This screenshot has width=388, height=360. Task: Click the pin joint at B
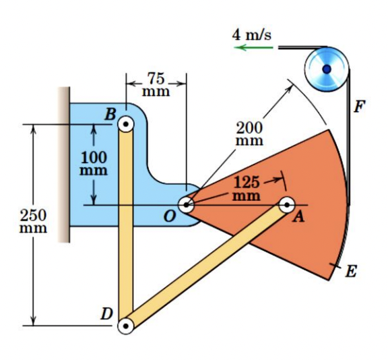(x=126, y=124)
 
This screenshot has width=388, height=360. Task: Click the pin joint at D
(x=126, y=326)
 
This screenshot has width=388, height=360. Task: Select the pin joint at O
(x=187, y=204)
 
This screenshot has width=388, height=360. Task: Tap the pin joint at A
(x=287, y=204)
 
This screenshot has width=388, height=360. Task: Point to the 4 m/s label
(x=253, y=34)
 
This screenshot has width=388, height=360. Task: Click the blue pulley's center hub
(x=327, y=68)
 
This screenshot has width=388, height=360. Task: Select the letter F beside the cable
(x=361, y=106)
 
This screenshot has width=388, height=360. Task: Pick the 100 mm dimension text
(x=90, y=163)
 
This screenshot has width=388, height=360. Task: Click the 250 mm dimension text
(x=33, y=222)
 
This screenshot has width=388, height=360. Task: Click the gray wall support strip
(x=64, y=165)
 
